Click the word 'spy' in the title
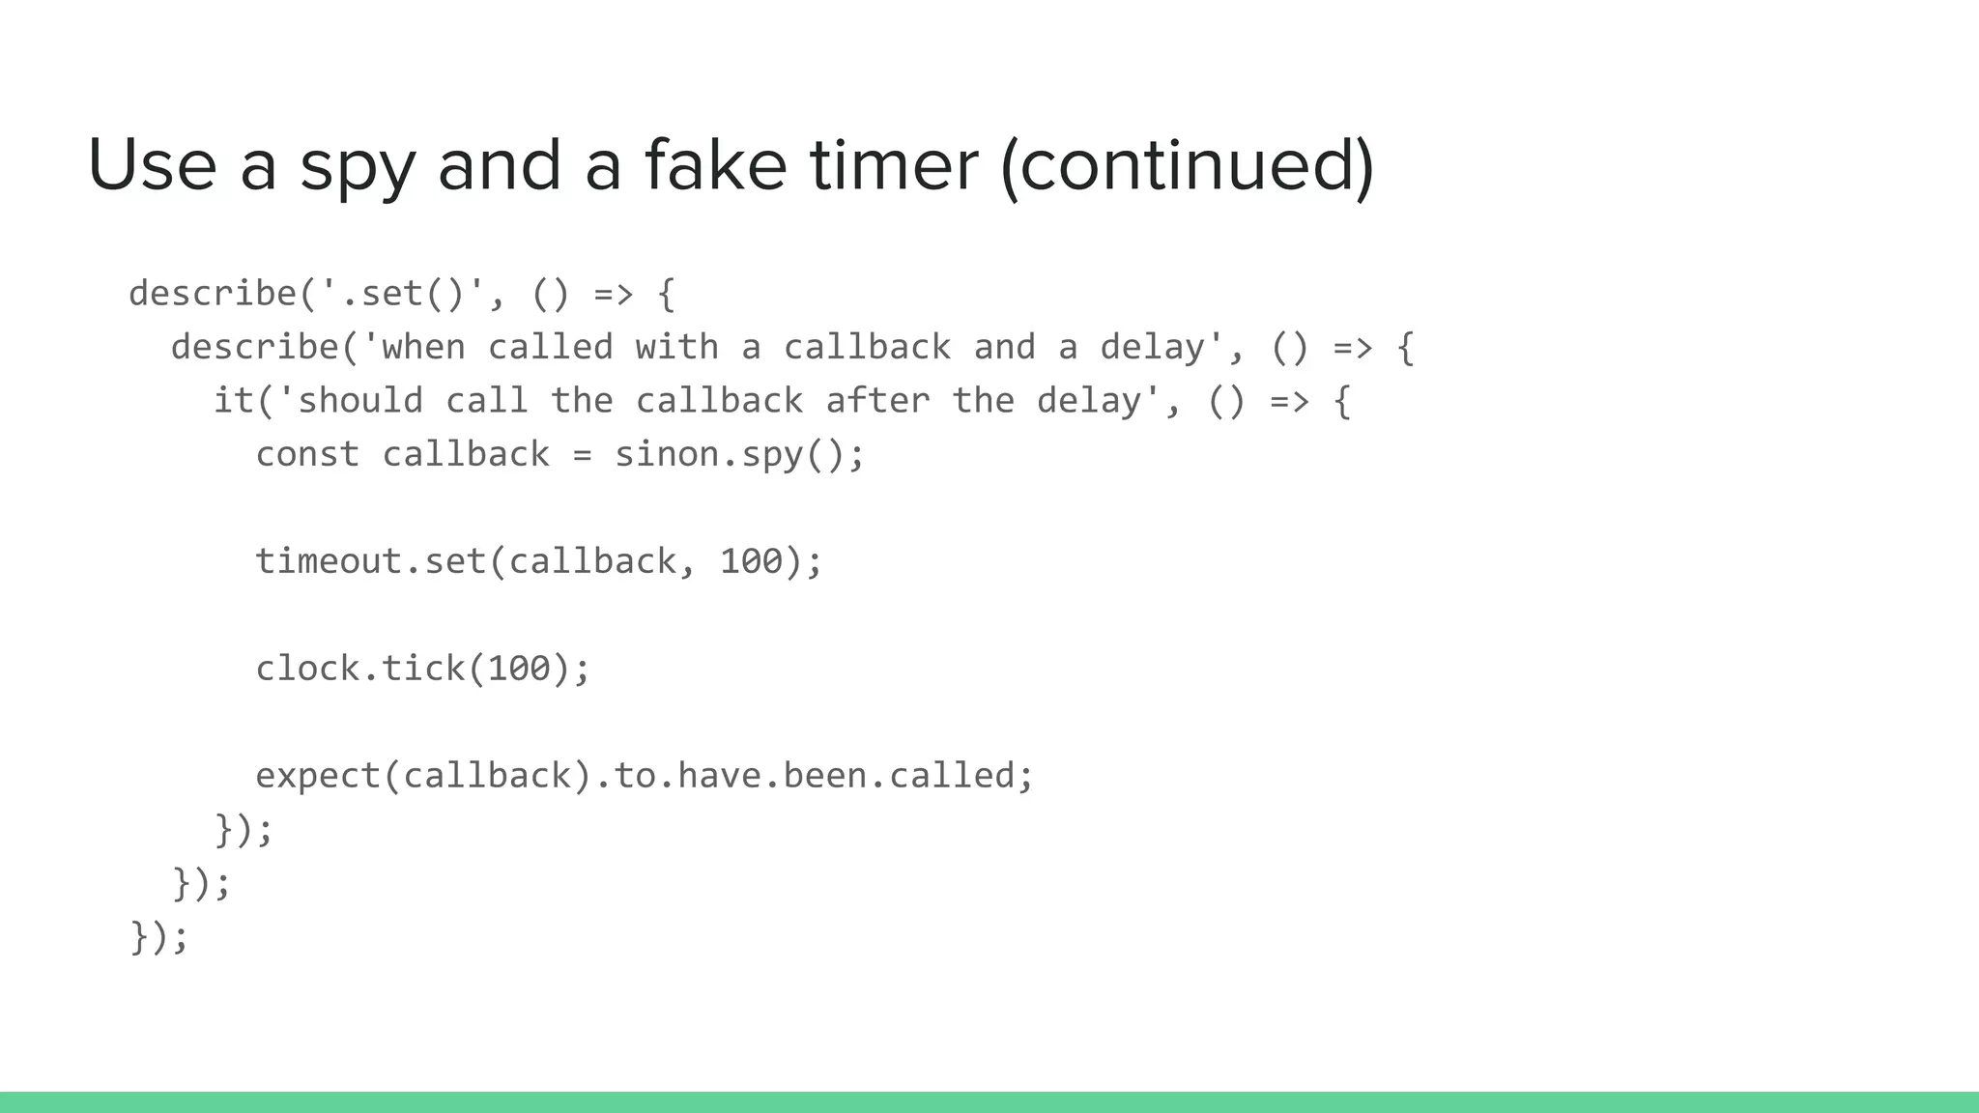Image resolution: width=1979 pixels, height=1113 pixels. coord(358,166)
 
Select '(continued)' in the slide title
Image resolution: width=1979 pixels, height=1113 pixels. coord(1187,166)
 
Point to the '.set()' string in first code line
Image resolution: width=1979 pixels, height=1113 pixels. coord(403,294)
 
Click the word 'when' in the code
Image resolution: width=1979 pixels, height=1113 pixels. coord(422,347)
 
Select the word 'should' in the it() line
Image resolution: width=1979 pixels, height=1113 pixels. coord(359,400)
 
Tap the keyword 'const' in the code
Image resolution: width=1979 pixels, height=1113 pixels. coord(307,454)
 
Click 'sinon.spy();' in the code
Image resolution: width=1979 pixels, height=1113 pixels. coord(739,454)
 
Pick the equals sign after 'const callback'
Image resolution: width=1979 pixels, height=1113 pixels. coord(582,454)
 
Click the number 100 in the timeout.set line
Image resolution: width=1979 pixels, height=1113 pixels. coord(751,561)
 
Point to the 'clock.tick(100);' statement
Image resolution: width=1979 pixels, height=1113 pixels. coord(422,669)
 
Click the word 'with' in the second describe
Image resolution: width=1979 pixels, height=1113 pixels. coord(676,347)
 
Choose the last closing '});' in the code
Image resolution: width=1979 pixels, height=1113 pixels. coord(159,936)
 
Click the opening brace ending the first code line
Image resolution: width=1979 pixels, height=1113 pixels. coord(666,294)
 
